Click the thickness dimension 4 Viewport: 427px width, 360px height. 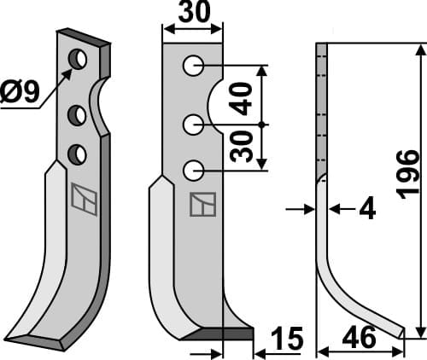click(x=366, y=208)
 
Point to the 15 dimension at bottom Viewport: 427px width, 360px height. click(x=289, y=339)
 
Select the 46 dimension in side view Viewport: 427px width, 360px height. click(x=358, y=340)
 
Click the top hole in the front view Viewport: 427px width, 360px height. click(x=193, y=65)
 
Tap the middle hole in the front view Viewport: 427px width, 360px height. click(x=193, y=125)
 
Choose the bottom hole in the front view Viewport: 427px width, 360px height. click(x=193, y=170)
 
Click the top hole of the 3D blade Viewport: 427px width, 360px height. click(x=79, y=60)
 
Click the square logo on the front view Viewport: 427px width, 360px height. click(x=202, y=203)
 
